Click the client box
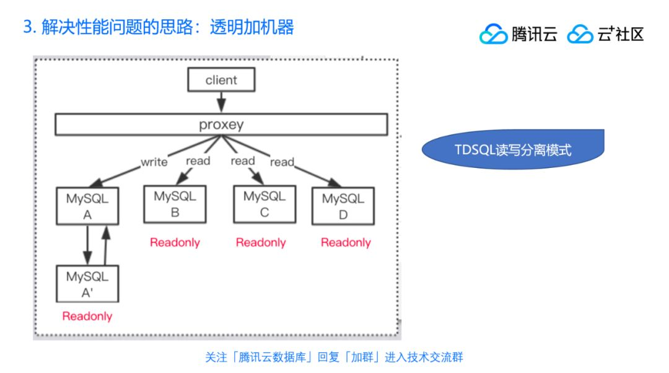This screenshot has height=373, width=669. (x=221, y=80)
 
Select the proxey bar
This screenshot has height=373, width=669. (x=221, y=125)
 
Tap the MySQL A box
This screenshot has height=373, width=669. (x=87, y=206)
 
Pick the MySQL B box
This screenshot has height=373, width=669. (x=175, y=204)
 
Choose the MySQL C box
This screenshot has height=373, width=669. (x=264, y=204)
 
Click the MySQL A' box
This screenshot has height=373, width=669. (x=87, y=284)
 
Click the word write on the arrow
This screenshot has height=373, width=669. (x=154, y=162)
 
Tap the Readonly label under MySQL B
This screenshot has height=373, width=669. (x=175, y=242)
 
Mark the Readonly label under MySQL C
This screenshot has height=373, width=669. (x=261, y=242)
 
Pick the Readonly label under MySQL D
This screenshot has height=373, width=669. (x=346, y=242)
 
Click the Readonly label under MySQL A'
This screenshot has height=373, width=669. (x=87, y=316)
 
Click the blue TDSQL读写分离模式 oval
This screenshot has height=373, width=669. (x=513, y=149)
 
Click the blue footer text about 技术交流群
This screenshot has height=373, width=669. (x=334, y=357)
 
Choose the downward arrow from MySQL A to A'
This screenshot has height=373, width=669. (x=87, y=245)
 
